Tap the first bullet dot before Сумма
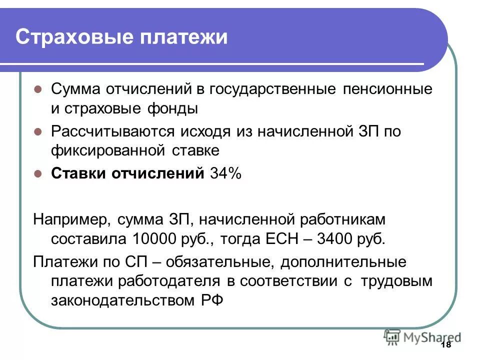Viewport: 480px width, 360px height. coord(37,90)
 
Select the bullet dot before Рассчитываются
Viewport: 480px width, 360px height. coord(37,132)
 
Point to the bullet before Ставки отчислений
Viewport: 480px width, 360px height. coord(37,174)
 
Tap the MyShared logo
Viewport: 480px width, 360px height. coord(422,336)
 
